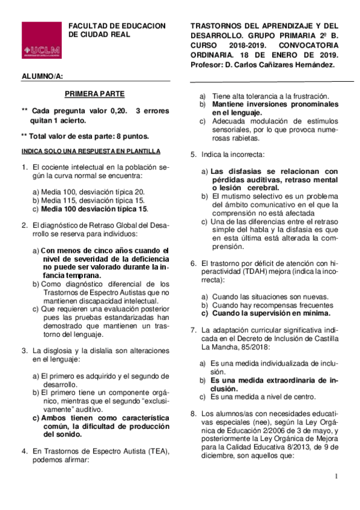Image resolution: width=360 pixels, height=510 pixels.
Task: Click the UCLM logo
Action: [41, 41]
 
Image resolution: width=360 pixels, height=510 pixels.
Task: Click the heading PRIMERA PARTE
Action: [94, 94]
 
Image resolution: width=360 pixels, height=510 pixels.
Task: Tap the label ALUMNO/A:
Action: [41, 76]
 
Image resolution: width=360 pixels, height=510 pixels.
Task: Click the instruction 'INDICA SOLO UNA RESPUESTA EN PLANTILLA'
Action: [90, 151]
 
